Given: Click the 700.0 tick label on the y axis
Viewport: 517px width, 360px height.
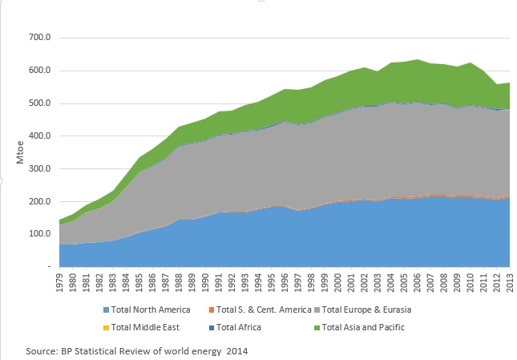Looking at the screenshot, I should coord(38,38).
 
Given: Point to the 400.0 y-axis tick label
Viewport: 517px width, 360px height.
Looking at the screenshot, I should coord(38,136).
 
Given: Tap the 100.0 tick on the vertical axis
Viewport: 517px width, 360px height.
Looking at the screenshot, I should coord(38,234).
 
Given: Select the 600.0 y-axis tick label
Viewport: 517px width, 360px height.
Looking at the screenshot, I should coord(38,71).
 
